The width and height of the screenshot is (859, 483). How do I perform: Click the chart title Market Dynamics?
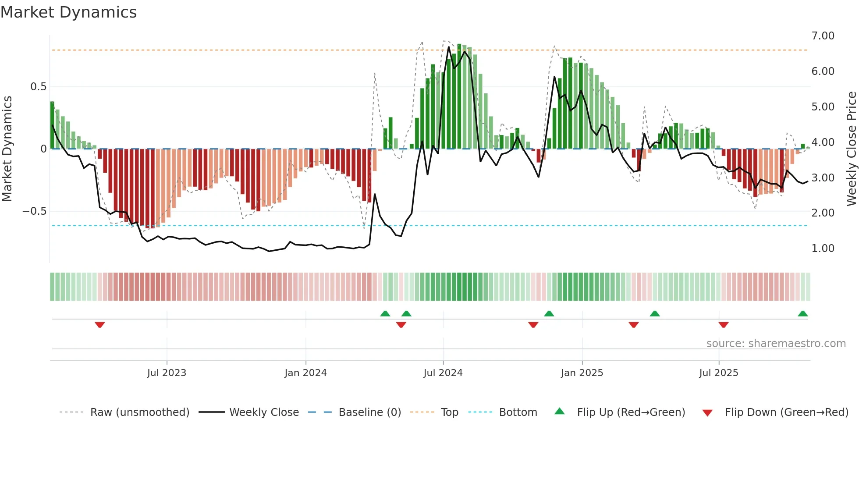(x=69, y=12)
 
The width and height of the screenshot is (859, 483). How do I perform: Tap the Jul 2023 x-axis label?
(x=167, y=373)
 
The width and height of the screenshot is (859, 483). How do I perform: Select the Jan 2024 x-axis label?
(x=305, y=373)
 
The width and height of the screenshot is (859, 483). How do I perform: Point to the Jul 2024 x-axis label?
(x=443, y=373)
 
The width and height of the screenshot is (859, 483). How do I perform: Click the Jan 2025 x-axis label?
(x=582, y=373)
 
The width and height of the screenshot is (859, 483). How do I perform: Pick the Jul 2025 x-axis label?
(x=719, y=373)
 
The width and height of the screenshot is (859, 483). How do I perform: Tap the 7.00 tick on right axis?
(x=823, y=36)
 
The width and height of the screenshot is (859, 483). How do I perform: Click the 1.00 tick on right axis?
(x=823, y=249)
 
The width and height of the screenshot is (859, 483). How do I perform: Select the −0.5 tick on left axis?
(x=34, y=211)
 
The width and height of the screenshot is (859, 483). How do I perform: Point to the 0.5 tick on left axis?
(x=38, y=87)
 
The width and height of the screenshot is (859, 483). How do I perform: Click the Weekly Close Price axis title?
(x=851, y=149)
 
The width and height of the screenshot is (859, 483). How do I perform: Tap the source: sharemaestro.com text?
(x=776, y=344)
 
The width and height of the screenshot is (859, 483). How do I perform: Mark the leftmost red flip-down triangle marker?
(x=100, y=325)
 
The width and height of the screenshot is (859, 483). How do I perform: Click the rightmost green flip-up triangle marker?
(x=803, y=314)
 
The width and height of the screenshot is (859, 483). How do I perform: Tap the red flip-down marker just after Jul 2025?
(x=724, y=325)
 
